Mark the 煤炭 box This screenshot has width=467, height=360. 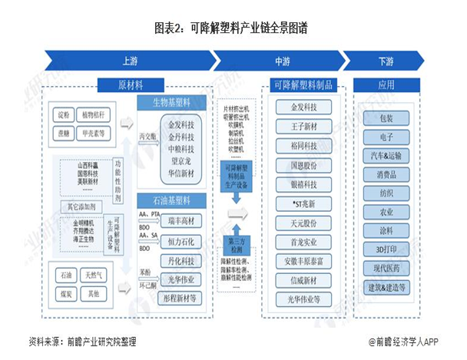coord(62,294)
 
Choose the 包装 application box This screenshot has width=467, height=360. coord(386,118)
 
